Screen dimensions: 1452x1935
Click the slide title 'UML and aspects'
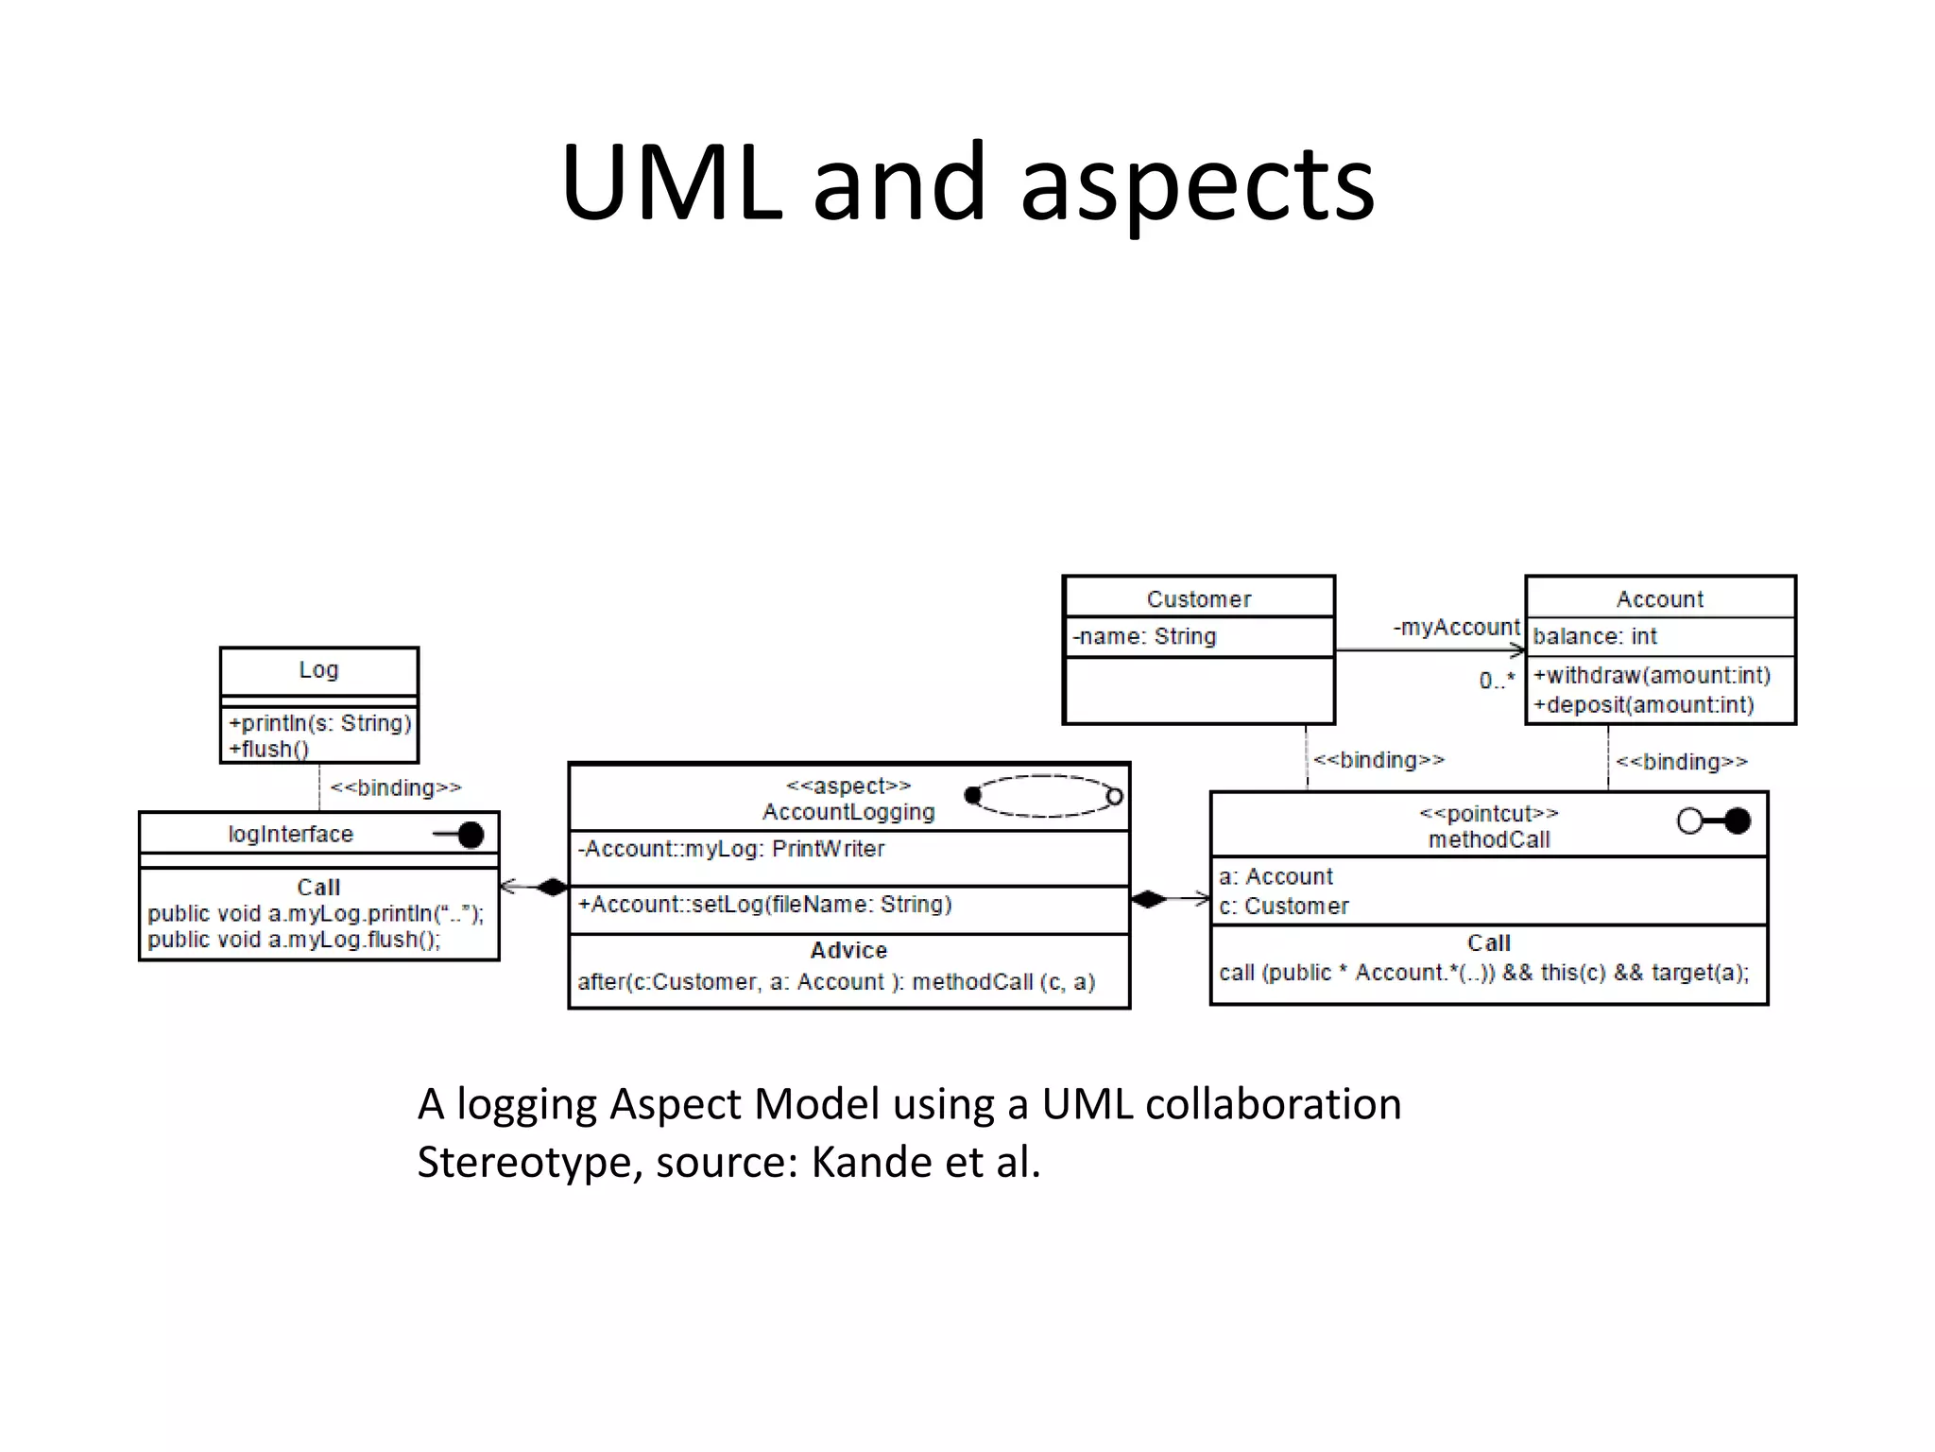click(967, 182)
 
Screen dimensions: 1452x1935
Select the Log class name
click(318, 670)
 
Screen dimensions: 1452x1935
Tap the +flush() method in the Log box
click(269, 750)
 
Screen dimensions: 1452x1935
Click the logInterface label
click(290, 834)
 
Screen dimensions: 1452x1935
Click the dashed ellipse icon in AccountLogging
click(1043, 796)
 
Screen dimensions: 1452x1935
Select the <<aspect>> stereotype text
click(848, 786)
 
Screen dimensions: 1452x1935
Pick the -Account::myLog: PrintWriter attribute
click(731, 849)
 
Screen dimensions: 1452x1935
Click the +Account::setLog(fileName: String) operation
click(764, 905)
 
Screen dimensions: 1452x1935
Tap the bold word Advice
click(848, 950)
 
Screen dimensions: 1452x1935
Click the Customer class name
click(1198, 599)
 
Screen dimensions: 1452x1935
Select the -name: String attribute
click(1144, 637)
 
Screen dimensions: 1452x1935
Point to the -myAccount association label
click(1456, 628)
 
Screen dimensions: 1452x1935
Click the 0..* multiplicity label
click(1497, 681)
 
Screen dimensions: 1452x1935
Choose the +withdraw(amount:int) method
click(1652, 676)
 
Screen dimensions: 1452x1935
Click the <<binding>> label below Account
click(1682, 762)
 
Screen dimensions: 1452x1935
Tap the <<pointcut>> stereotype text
click(1489, 814)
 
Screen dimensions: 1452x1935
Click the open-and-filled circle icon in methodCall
click(1713, 821)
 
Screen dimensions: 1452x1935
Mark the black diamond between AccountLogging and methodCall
click(1148, 899)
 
